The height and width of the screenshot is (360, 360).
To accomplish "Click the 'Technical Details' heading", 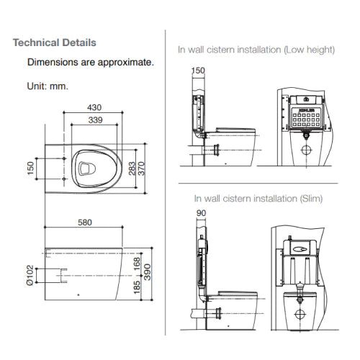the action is click(55, 42).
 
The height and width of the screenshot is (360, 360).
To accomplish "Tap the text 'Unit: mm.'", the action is click(48, 86).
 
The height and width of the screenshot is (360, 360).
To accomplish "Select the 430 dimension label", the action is click(94, 107).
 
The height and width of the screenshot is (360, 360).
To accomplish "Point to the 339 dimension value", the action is click(95, 120).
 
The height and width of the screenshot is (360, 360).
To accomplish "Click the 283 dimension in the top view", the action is click(132, 168).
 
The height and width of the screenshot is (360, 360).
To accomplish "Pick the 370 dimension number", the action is click(142, 168).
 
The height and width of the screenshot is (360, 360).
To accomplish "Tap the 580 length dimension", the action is click(85, 222).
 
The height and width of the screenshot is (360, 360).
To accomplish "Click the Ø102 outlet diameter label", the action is click(30, 275).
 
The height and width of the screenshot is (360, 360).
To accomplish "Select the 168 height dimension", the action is click(137, 264).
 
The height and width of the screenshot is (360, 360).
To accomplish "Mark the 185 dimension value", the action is click(137, 287).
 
